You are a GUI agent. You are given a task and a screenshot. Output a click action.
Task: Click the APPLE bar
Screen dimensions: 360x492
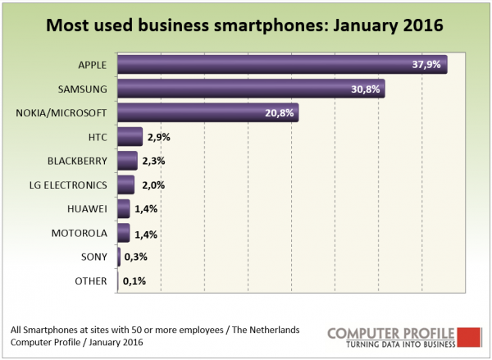coord(282,64)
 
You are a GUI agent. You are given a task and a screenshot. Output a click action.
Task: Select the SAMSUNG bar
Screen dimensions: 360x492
coord(251,88)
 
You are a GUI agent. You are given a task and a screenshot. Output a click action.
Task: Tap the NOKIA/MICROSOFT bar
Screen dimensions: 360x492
coord(207,112)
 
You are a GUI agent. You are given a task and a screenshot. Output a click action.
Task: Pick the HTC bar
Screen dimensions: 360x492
coord(130,136)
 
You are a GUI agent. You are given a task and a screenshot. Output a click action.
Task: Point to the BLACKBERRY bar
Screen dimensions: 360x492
coord(127,160)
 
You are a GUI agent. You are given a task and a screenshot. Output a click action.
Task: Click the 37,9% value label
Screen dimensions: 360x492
coord(427,64)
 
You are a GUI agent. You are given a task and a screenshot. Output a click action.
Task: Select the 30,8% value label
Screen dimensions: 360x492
coord(367,89)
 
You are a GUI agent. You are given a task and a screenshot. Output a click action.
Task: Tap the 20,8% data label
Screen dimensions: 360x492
coord(280,112)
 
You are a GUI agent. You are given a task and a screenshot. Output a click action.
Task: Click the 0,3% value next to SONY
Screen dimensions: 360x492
coord(134,257)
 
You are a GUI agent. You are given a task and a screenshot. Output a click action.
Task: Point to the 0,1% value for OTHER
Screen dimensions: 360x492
coord(133,281)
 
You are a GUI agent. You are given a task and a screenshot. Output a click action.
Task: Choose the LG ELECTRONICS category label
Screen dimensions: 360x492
coord(70,185)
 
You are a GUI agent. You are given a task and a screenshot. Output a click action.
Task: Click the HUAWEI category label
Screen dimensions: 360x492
coord(87,209)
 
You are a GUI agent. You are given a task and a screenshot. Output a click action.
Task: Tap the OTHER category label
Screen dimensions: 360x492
coord(91,282)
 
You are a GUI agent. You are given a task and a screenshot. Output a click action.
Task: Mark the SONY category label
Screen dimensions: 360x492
coord(93,257)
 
